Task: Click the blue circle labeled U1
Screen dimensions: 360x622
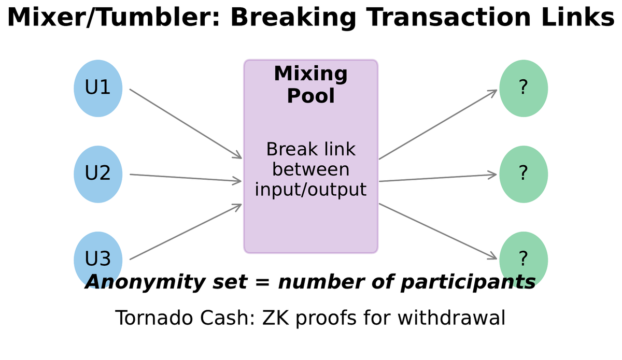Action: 98,88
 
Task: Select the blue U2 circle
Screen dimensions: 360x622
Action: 98,174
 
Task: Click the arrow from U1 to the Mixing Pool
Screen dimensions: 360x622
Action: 186,124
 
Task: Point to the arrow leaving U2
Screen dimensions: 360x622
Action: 186,178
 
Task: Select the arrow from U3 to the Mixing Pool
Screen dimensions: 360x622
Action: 186,232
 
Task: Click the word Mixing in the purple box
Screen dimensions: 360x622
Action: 310,74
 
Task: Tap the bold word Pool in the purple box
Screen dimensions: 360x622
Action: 310,96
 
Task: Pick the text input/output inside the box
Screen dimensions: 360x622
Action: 310,190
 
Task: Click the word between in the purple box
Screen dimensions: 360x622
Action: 310,169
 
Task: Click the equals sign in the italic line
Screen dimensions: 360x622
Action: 265,283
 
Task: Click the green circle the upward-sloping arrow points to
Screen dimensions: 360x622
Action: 524,88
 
